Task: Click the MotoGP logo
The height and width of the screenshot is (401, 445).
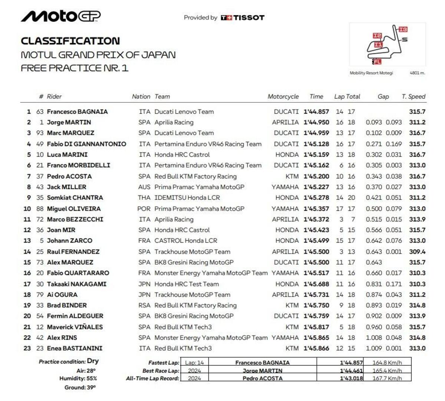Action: (x=60, y=16)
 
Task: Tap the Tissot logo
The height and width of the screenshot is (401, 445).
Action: (x=243, y=17)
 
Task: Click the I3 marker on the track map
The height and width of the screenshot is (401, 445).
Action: (x=403, y=29)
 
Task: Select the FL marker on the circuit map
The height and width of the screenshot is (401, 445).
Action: (x=377, y=62)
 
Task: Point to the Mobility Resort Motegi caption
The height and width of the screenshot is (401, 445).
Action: (x=371, y=73)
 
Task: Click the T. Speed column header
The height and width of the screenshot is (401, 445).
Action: (x=413, y=96)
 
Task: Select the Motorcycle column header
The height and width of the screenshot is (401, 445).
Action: (x=283, y=96)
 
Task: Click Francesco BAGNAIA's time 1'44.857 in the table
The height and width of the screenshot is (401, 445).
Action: (x=316, y=112)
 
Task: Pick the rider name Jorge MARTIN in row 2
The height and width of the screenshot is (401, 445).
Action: (x=69, y=122)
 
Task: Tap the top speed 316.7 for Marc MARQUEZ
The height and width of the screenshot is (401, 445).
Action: (x=417, y=133)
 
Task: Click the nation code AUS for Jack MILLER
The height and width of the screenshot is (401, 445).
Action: (x=144, y=187)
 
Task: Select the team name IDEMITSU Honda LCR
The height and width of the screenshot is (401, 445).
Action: (x=187, y=198)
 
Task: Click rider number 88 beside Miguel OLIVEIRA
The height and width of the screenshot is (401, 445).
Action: (x=40, y=209)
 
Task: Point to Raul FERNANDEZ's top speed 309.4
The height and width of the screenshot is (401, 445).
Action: (x=417, y=252)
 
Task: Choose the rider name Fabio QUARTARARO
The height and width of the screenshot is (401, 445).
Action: (x=78, y=273)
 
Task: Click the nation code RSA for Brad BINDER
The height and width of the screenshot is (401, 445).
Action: (x=144, y=305)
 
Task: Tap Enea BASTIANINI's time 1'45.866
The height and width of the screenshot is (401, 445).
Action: (x=316, y=348)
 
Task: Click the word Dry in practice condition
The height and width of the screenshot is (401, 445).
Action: (x=93, y=361)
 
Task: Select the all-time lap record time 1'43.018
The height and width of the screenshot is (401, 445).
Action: (x=351, y=378)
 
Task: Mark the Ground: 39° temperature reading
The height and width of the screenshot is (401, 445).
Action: (x=80, y=387)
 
